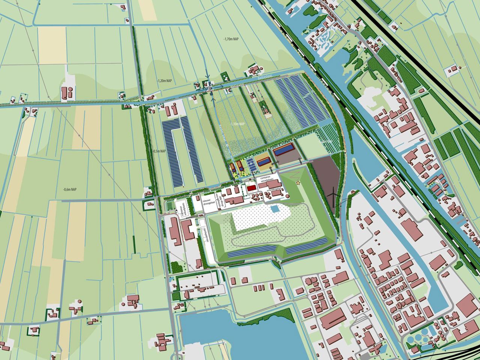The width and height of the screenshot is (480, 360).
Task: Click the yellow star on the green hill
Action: [298, 183]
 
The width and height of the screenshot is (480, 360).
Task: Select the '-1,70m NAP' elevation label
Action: [231, 39]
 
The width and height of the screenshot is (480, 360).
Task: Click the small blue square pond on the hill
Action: [275, 208]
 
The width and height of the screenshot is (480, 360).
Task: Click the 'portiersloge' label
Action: [192, 216]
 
